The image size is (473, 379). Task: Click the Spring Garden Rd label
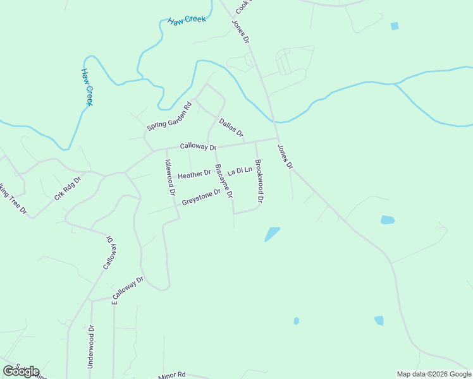[169, 117]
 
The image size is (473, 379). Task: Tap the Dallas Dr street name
[231, 128]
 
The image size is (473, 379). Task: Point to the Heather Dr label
[194, 174]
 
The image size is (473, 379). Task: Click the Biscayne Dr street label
[224, 181]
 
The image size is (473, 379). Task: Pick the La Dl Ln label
[240, 171]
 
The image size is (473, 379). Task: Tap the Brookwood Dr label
[258, 181]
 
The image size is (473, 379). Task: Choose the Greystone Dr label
[201, 198]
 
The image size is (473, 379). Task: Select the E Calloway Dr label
[128, 290]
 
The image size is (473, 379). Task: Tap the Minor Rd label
[172, 375]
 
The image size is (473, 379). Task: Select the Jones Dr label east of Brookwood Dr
[286, 157]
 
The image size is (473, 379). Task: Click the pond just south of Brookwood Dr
[271, 234]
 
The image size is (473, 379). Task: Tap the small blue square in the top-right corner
[395, 26]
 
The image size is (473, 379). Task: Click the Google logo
[21, 371]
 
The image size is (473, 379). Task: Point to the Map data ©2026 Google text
[433, 374]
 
